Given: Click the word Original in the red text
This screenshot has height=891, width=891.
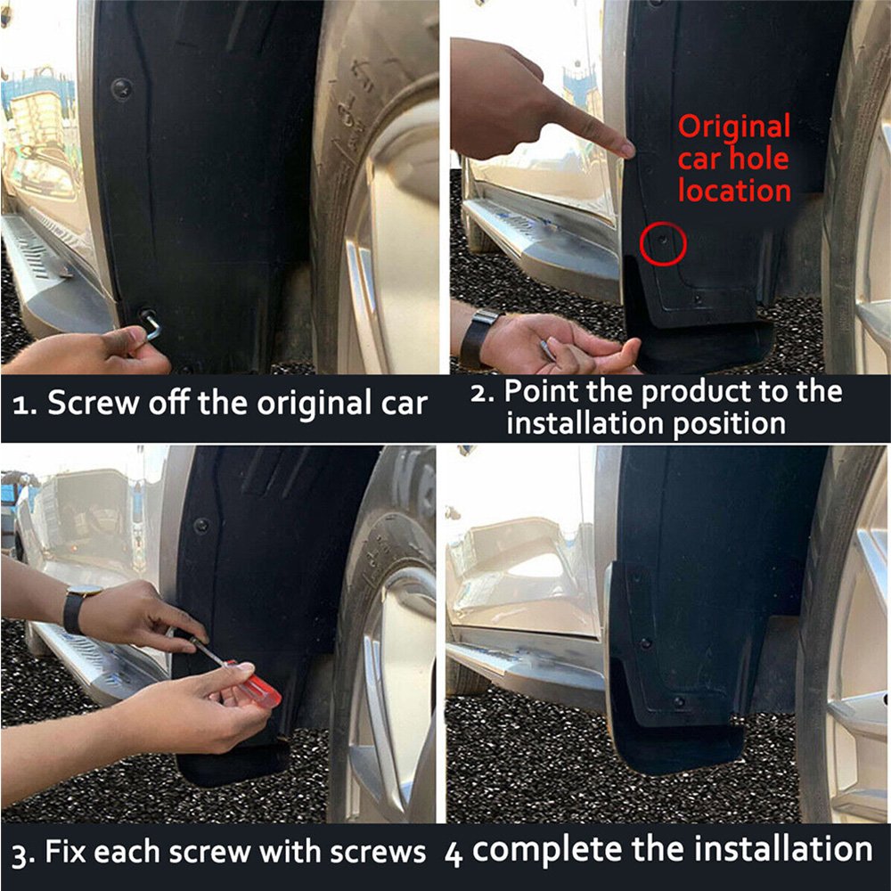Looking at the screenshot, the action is pos(734,126).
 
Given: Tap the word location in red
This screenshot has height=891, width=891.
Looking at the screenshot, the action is pos(735,191).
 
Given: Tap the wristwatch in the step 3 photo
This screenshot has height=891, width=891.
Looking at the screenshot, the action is pos(76,608).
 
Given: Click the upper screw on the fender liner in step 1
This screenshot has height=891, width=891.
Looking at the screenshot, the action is pos(121,88).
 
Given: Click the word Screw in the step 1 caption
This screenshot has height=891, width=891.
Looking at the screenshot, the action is pos(94,403).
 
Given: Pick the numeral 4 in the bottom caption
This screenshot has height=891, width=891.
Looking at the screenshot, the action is pos(453,854).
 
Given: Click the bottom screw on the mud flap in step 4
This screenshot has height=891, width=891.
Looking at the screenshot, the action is pos(677,701).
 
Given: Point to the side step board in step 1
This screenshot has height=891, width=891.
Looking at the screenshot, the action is pos(54,273).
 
